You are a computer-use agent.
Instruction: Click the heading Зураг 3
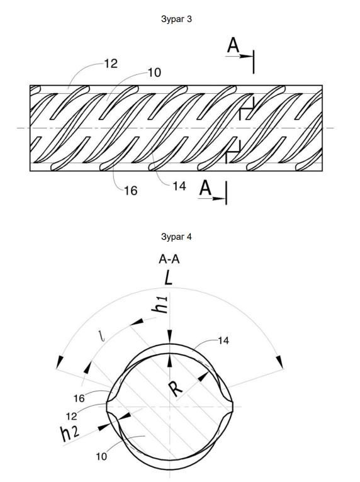click(176, 19)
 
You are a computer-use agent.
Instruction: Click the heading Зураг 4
click(176, 237)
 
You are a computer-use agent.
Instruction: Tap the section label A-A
click(169, 259)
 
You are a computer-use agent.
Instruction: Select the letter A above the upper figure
click(233, 45)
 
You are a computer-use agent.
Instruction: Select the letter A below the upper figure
click(206, 188)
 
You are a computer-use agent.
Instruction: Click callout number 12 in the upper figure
click(111, 64)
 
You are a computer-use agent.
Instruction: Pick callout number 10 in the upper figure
click(154, 72)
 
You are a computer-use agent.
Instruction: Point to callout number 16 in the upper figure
click(131, 191)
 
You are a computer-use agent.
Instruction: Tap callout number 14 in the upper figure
click(179, 186)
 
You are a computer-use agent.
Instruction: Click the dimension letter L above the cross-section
click(168, 278)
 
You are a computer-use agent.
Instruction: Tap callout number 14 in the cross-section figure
click(223, 340)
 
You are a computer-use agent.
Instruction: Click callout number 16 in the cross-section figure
click(79, 399)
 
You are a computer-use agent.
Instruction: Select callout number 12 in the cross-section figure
click(71, 416)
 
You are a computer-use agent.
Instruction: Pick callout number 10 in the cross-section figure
click(101, 456)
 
